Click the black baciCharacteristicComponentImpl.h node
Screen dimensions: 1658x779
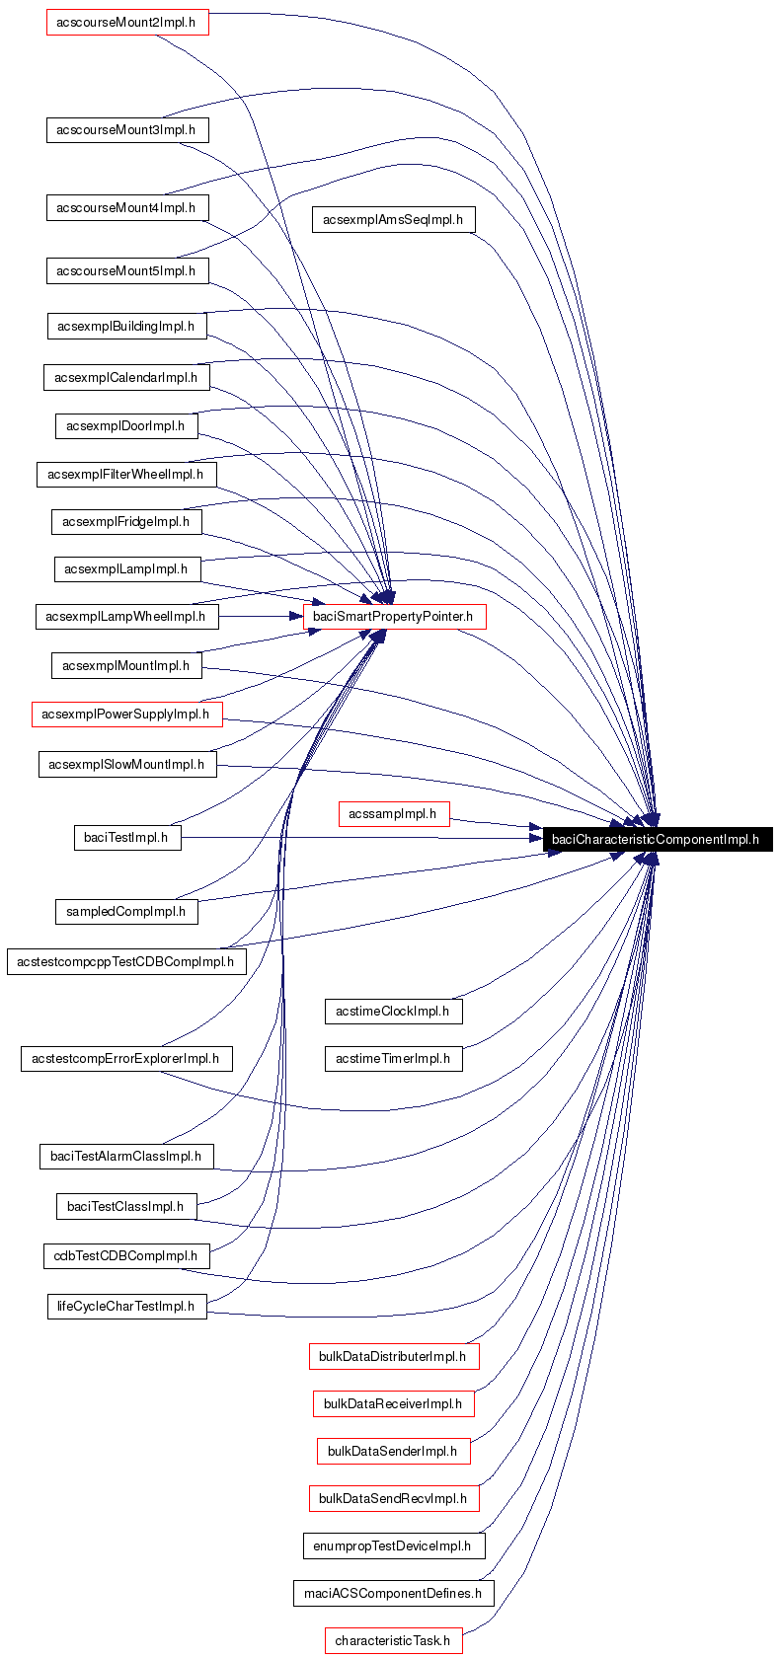656,840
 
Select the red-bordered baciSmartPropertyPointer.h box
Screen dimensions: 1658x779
393,617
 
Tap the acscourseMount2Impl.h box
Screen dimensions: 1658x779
127,22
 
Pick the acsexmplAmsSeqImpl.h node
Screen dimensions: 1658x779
393,219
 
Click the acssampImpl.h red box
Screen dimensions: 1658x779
393,814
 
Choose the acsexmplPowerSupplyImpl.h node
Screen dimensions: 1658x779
126,714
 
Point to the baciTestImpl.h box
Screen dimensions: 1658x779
126,838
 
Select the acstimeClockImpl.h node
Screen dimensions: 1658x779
393,1011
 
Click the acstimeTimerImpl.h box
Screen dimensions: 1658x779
393,1058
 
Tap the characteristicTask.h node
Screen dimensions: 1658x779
393,1640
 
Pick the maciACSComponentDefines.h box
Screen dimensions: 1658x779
393,1593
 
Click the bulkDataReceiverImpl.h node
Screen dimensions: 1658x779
393,1403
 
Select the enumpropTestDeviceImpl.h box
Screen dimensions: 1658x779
393,1545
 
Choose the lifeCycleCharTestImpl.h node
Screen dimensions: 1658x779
126,1306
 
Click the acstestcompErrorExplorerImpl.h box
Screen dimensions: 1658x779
126,1059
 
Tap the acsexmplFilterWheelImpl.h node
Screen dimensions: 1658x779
126,475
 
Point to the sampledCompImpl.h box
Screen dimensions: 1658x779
126,911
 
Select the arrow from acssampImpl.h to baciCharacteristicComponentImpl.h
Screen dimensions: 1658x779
494,823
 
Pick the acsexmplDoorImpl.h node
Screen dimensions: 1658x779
126,426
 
